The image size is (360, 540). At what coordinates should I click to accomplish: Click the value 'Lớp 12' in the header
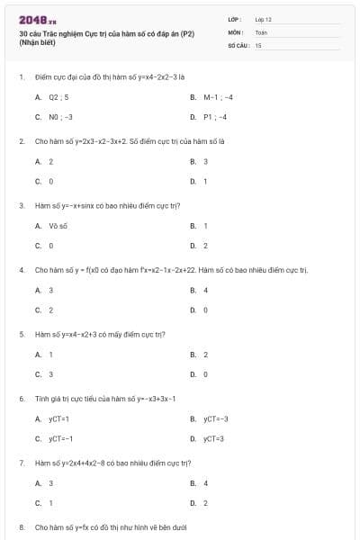(x=264, y=19)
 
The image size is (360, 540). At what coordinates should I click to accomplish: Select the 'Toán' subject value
(x=261, y=31)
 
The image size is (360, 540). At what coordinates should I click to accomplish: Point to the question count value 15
(x=258, y=44)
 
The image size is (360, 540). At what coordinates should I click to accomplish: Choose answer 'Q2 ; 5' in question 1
(x=58, y=96)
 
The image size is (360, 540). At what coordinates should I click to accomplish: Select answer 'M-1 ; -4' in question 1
(x=219, y=96)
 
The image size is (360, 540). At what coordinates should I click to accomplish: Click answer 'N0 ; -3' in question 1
(x=60, y=117)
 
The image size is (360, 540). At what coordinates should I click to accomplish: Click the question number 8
(x=21, y=526)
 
